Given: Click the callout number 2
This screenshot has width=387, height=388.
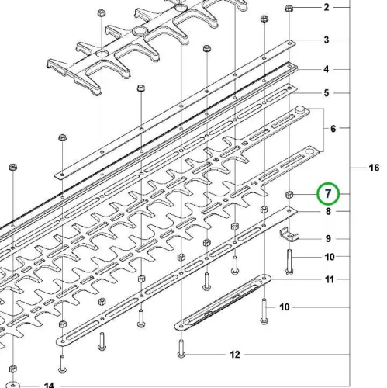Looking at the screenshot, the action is click(327, 8).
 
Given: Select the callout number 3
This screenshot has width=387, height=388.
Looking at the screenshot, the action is click(327, 40).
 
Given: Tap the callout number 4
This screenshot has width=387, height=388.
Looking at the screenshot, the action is click(327, 69).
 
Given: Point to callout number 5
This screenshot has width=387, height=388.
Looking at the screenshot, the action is click(327, 93).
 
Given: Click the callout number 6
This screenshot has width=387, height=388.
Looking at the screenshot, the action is click(333, 129).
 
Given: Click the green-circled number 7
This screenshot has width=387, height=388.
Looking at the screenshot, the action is click(328, 193).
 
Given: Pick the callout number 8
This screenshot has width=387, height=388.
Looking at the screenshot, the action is click(328, 211).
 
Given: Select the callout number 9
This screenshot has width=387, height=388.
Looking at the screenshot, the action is click(328, 238).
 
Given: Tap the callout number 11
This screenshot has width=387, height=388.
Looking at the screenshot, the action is click(329, 279).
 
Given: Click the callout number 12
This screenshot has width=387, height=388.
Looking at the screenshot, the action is click(235, 355).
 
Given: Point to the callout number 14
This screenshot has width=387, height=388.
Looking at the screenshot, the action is click(49, 386).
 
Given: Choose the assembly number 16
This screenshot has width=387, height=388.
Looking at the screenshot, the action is click(374, 168).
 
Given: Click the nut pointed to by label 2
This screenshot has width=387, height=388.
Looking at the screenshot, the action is click(289, 9).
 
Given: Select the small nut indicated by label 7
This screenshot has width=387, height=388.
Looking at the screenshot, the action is click(289, 194).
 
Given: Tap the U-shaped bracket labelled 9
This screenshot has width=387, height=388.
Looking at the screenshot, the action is click(289, 234).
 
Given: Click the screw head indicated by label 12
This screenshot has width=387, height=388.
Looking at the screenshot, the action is click(181, 355).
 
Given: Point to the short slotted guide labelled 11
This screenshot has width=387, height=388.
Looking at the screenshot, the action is click(223, 302).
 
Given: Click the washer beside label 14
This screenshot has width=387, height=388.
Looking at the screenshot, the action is click(12, 385).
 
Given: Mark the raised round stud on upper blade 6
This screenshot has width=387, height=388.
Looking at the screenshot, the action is click(300, 109).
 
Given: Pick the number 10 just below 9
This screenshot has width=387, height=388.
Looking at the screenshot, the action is click(330, 257).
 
